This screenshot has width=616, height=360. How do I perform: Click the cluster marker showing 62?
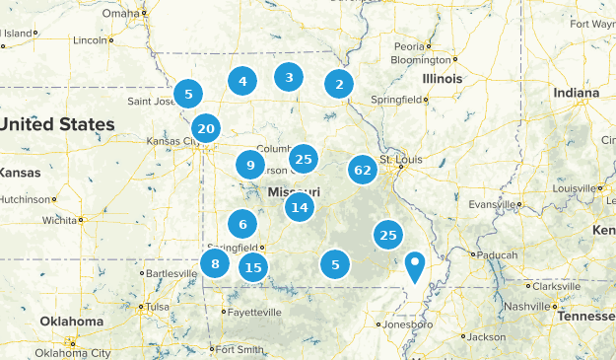click(x=363, y=170)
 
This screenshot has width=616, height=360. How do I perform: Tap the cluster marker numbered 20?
click(x=206, y=128)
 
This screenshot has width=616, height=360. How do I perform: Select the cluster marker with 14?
click(x=300, y=207)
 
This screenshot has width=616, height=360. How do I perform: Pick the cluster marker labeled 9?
click(x=250, y=166)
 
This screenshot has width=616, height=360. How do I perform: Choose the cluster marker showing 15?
click(x=254, y=266)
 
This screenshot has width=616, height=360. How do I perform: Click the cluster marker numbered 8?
click(x=214, y=263)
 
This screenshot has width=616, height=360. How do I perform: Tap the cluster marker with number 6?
click(x=241, y=224)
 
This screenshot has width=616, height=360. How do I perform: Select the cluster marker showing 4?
click(x=242, y=82)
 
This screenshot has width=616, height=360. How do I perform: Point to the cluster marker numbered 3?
click(x=289, y=77)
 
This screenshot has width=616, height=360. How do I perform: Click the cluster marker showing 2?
click(x=339, y=85)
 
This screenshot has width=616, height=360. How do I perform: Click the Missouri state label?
click(x=293, y=191)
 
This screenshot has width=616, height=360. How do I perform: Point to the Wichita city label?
click(x=61, y=220)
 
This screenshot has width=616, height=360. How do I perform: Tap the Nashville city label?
click(x=552, y=306)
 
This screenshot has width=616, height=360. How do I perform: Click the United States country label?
click(x=57, y=124)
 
